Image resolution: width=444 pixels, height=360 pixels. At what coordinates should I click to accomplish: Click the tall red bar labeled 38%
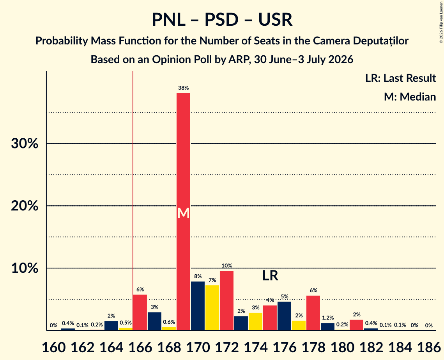point(184,212)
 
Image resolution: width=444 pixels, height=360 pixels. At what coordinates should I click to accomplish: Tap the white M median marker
point(184,213)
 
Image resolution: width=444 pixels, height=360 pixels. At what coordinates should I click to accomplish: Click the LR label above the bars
point(270,275)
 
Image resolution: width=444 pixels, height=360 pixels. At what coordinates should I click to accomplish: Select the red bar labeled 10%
point(226,300)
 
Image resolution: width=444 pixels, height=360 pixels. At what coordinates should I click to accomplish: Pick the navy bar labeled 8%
point(198,306)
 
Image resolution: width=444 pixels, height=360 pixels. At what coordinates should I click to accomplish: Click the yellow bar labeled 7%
point(212,308)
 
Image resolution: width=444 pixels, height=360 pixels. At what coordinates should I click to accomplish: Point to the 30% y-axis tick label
point(24,144)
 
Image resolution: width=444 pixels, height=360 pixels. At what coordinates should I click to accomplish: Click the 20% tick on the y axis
point(24,206)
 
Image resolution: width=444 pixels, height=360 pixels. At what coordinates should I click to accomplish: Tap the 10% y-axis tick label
point(24,268)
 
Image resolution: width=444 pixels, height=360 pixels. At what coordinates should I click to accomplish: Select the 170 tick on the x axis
point(198,347)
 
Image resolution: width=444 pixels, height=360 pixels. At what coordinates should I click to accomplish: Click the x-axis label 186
point(429,347)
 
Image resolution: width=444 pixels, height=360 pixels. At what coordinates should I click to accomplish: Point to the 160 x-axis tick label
point(53,347)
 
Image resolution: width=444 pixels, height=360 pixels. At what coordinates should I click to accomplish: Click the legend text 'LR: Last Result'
point(400,78)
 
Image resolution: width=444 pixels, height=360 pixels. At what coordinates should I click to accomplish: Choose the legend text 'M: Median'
point(410,97)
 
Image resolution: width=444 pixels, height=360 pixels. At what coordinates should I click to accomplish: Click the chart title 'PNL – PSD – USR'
point(222,19)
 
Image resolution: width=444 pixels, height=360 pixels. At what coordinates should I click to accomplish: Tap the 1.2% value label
point(327,318)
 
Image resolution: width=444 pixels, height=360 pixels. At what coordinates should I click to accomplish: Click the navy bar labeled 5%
point(284,316)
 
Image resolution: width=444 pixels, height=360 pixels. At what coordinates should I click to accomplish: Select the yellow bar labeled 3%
point(255,321)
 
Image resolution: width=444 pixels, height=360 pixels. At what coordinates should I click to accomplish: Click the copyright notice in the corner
point(441,22)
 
